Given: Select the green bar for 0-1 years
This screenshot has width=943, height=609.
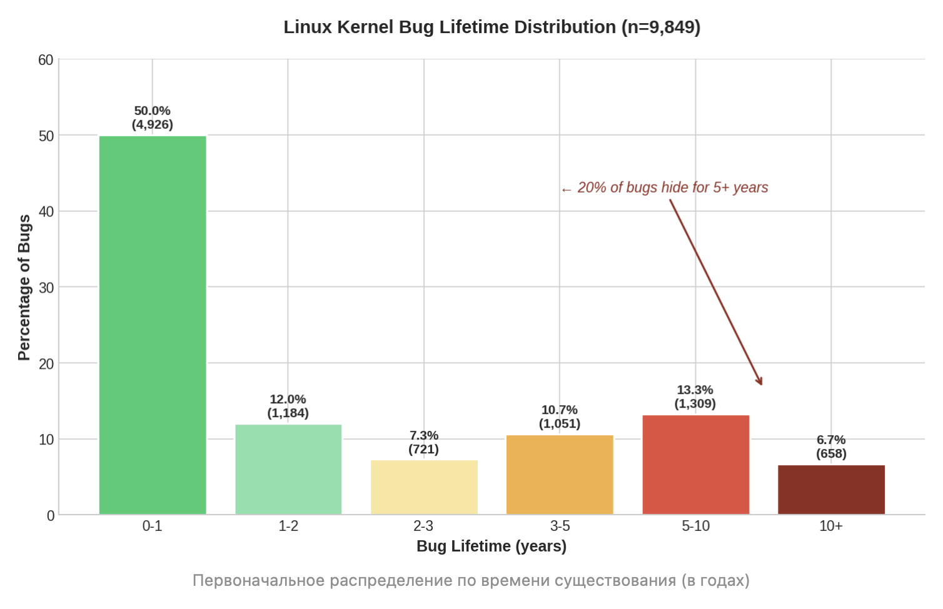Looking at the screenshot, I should (153, 325).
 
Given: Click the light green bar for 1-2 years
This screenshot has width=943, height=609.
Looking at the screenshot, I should (288, 470).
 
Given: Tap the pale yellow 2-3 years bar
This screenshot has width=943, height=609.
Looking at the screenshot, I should (424, 487).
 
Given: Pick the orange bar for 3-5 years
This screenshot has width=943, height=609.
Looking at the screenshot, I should (560, 475).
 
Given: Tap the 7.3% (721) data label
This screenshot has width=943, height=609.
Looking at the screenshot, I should (423, 443).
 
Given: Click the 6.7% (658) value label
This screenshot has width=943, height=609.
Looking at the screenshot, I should (831, 447).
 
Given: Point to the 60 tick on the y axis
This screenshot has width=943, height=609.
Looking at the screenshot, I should (46, 60).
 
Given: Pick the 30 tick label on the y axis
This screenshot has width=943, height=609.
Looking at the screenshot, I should (46, 288).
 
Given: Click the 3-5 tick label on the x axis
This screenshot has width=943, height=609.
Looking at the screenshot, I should (560, 526).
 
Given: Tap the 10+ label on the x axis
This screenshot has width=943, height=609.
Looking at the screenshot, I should (831, 526).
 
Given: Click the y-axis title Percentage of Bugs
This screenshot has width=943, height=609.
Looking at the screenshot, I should (24, 288).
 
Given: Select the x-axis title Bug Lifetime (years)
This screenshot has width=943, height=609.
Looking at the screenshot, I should (492, 546).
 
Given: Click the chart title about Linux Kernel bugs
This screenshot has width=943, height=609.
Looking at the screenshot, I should (492, 28).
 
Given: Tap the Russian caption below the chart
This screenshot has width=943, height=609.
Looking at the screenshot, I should (471, 581).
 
